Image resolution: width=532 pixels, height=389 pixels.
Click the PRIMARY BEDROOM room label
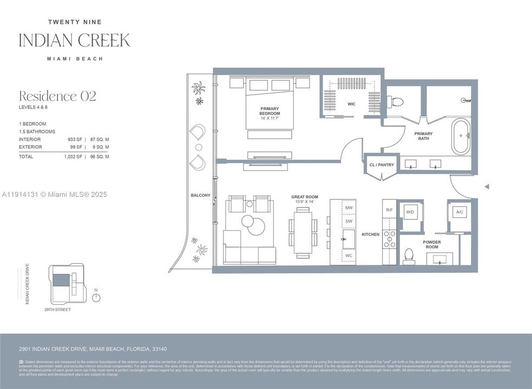[270, 111]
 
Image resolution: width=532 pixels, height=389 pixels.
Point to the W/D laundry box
[410, 212]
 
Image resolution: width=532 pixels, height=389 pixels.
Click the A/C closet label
[459, 212]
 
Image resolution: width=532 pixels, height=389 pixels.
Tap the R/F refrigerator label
[389, 210]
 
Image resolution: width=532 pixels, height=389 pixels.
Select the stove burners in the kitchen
[389, 238]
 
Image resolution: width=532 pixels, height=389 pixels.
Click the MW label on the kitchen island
[349, 207]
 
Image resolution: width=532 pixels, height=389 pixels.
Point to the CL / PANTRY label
[382, 165]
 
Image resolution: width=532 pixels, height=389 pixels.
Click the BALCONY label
[200, 195]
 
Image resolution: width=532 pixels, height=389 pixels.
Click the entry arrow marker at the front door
[487, 186]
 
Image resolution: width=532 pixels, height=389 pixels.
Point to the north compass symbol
[96, 297]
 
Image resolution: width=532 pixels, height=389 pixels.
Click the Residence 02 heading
[57, 96]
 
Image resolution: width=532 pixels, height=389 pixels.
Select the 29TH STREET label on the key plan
[57, 310]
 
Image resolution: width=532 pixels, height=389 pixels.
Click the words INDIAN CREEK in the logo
[74, 41]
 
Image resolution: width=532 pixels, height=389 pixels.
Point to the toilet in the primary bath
[395, 101]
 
